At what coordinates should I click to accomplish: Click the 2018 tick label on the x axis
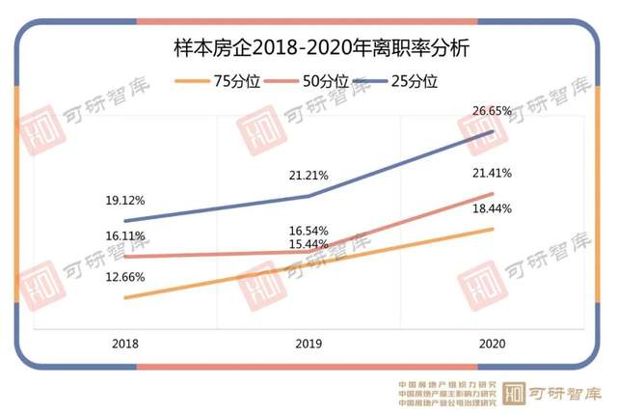point(124,344)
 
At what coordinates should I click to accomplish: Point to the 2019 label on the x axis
point(308,344)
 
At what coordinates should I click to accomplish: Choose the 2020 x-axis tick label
point(492,344)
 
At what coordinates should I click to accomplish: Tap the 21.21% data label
point(308,176)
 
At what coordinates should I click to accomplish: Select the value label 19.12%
point(125,201)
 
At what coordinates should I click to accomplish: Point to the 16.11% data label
point(125,235)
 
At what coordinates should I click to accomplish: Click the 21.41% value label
point(492,173)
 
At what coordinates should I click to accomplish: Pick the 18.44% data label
point(492,208)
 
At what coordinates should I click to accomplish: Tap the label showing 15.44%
point(308,245)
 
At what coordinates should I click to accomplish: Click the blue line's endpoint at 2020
point(493,131)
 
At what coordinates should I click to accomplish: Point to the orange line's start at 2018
point(125,298)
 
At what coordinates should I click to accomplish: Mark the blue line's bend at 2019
point(308,196)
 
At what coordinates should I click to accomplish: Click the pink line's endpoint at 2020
point(493,194)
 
